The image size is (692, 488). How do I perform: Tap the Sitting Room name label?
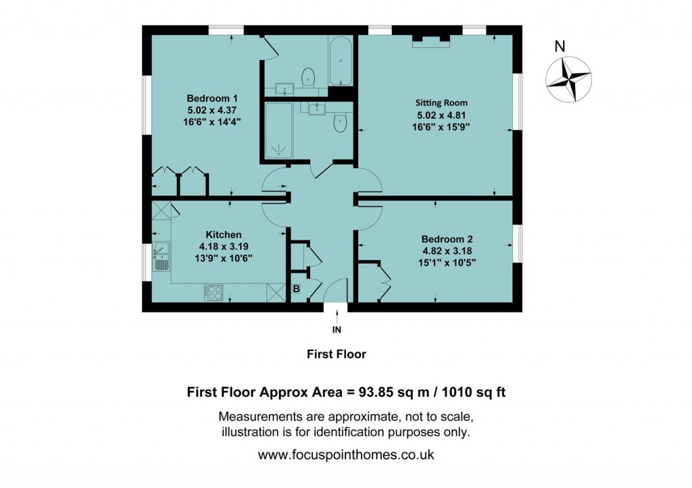click(441, 103)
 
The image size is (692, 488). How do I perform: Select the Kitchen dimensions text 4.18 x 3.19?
click(221, 246)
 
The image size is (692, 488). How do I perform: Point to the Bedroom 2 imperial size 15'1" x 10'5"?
click(447, 262)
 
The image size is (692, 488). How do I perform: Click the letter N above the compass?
click(559, 47)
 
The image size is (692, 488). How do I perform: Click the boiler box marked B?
click(296, 290)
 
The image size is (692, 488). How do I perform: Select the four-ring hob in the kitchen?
click(214, 292)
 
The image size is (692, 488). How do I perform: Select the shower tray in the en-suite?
click(278, 132)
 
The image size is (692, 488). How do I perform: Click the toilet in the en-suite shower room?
click(340, 124)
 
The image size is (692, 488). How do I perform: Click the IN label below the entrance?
click(337, 330)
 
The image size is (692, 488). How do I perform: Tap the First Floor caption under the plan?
click(336, 354)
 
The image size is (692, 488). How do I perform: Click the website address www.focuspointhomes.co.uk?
click(345, 455)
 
